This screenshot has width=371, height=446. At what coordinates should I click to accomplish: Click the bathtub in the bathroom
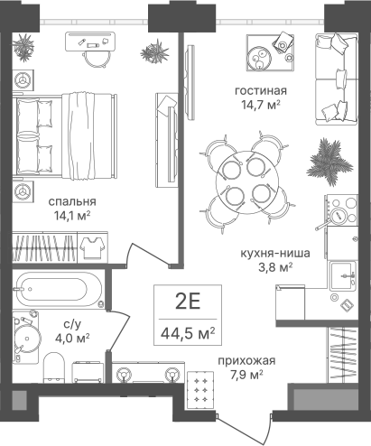(59, 289)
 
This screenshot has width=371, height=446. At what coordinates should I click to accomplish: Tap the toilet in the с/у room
(54, 367)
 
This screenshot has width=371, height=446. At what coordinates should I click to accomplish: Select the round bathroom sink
(27, 338)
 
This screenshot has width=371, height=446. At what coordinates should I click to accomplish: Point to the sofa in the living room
(337, 79)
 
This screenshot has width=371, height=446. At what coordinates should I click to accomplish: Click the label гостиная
(261, 90)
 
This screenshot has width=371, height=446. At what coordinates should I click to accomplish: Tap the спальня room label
(72, 201)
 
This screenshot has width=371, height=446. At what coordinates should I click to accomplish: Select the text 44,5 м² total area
(188, 333)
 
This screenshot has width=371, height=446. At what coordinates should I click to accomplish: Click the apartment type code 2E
(188, 302)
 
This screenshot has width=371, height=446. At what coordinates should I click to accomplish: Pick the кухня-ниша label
(275, 253)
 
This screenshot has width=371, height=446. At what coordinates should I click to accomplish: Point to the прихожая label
(246, 360)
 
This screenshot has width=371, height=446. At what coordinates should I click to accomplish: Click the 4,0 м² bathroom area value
(72, 339)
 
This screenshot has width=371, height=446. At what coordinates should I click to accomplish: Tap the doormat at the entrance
(200, 390)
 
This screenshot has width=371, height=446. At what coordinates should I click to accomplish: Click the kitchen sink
(342, 275)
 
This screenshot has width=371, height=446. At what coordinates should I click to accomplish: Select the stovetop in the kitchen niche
(341, 210)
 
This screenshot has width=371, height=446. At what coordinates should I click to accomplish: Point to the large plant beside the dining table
(329, 161)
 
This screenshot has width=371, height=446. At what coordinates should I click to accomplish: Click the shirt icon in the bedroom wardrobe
(92, 247)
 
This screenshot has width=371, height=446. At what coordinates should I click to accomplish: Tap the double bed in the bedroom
(65, 136)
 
